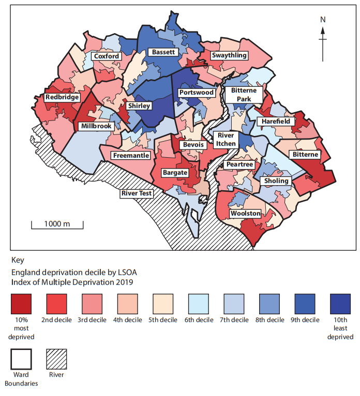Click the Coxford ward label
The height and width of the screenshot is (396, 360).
pos(107,56)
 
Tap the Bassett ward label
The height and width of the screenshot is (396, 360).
pos(162,52)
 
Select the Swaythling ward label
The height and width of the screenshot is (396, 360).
pos(228,55)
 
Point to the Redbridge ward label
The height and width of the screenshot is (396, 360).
pos(62,97)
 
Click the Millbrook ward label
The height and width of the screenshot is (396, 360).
pos(96,126)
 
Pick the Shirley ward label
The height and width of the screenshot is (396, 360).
pos(139,105)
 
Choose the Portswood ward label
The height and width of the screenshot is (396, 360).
pos(196,93)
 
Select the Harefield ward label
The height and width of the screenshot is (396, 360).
pos(275,121)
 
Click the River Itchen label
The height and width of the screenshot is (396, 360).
pos(226,140)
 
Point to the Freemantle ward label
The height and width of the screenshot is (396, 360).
pos(132,155)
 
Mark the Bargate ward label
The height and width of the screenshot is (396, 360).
pos(174,172)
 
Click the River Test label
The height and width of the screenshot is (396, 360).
pos(137,193)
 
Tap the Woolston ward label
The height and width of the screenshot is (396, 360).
pos(245,213)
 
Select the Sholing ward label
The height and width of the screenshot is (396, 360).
pos(277,181)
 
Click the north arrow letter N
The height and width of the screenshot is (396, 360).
pos(323,20)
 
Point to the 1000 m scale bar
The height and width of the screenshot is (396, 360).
pos(57,225)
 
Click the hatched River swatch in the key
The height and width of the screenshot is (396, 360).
pos(56,358)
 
